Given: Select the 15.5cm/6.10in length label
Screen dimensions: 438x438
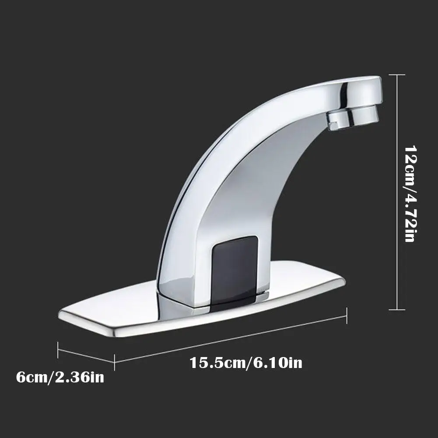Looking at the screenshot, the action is pos(246,363).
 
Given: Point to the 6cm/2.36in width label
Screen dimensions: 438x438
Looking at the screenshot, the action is pos(60,377).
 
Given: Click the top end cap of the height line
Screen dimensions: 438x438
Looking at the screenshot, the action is pos(397,75).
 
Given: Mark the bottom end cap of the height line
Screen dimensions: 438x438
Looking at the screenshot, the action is pos(397,309).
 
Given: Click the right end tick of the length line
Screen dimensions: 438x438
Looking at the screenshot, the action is pos(347,315).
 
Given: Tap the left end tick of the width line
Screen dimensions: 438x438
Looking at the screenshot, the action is pos(58,350).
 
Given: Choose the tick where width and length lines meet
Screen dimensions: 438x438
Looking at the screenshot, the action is pos(115,362).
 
